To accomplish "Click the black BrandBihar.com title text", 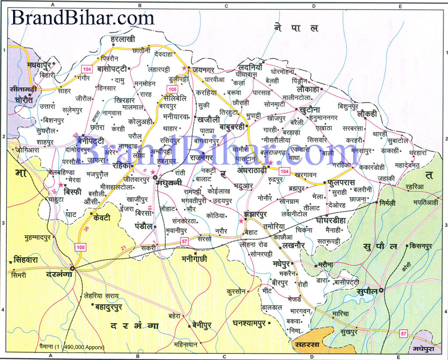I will click(82, 17).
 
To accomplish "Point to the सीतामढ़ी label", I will click(25, 89).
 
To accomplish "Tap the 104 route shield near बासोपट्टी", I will click(86, 69).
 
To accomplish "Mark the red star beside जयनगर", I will click(184, 69).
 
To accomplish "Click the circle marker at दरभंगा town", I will click(72, 268).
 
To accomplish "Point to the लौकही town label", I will click(369, 114).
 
